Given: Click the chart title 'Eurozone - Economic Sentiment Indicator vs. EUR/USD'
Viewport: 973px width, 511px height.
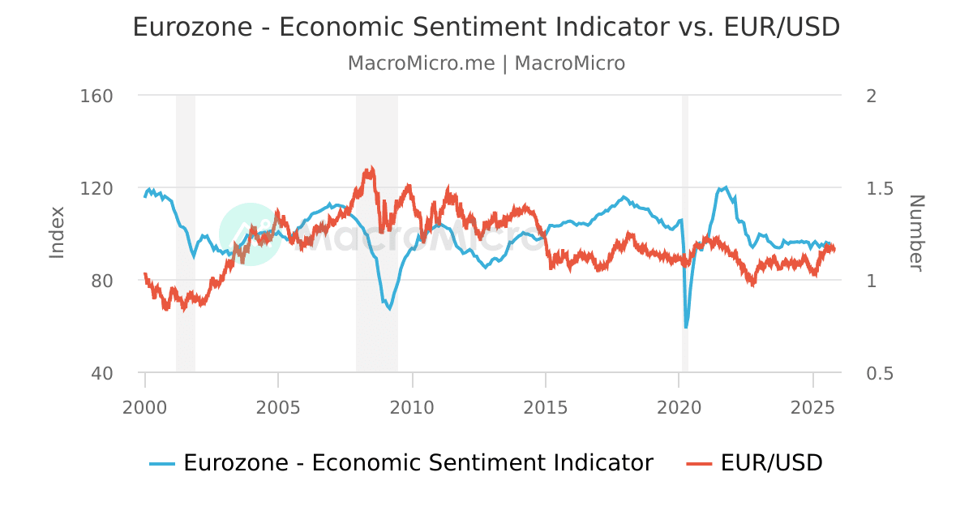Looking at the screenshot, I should (486, 27).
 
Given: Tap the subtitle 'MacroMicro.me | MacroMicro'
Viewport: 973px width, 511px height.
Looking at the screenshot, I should (486, 63).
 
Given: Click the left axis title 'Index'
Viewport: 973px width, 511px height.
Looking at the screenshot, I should (57, 233).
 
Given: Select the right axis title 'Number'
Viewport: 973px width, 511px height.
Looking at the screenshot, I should (915, 233).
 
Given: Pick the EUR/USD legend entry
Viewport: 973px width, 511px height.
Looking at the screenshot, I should (771, 463).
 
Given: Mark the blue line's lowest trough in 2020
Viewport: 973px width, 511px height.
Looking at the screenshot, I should (686, 327).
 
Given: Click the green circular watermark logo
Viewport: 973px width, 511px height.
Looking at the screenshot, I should (250, 234).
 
